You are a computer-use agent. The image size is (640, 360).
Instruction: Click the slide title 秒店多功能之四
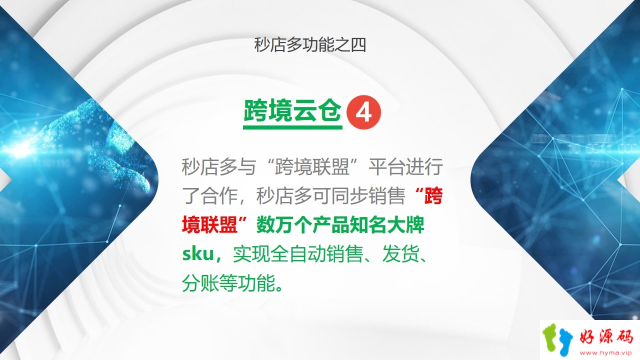[x=310, y=45]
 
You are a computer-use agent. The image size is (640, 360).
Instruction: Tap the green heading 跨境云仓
[x=292, y=111]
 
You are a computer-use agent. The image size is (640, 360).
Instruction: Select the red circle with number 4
[x=363, y=112]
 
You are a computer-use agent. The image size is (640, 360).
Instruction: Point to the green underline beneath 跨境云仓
[x=292, y=127]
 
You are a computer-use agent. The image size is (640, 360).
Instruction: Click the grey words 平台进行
[x=405, y=166]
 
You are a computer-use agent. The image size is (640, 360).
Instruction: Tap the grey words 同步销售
[x=368, y=195]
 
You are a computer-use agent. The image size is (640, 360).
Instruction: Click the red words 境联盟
[x=209, y=225]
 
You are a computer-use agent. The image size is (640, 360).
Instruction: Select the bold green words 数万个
[x=284, y=225]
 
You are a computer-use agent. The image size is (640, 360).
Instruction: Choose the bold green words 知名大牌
[x=387, y=225]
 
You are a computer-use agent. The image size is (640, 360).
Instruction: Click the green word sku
[x=198, y=254]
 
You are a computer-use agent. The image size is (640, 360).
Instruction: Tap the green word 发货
[x=401, y=254]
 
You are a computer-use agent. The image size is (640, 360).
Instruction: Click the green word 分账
[x=200, y=283]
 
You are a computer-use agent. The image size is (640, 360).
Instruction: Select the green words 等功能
[x=247, y=283]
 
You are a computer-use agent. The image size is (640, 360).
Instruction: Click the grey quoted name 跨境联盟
[x=312, y=166]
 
